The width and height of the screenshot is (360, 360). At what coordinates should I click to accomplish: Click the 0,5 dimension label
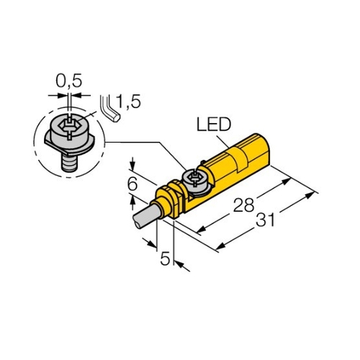(69, 81)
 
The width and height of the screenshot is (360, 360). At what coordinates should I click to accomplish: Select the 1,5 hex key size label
(128, 102)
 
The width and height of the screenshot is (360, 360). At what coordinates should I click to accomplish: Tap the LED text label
(214, 125)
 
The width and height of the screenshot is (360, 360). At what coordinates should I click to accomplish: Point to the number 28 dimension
(243, 205)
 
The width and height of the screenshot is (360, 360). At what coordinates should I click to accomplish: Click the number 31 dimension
(265, 220)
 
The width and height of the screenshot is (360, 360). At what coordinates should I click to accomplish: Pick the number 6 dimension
(132, 184)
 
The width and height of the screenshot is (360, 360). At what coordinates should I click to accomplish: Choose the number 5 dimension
(165, 258)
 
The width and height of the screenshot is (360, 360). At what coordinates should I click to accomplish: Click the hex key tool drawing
(109, 109)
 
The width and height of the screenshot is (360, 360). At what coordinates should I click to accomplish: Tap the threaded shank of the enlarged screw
(69, 163)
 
